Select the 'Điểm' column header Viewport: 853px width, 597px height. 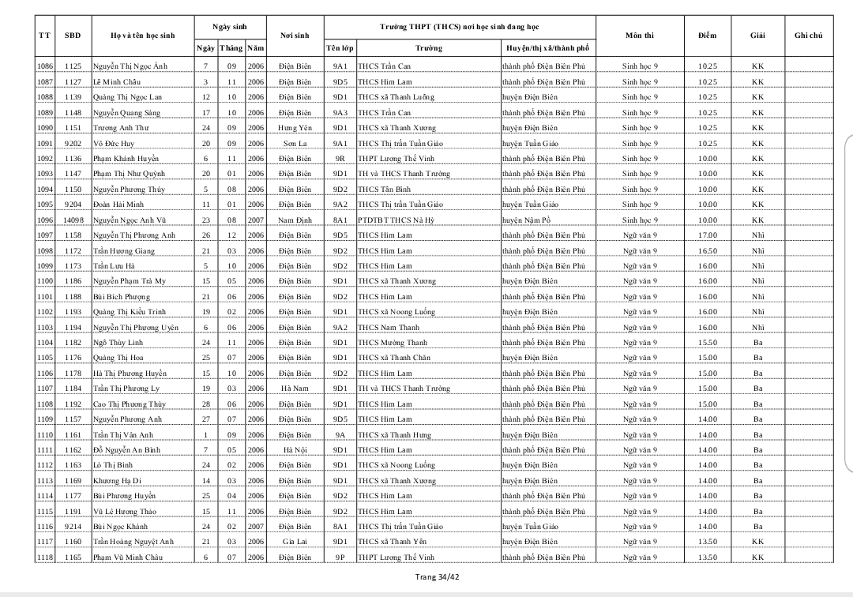[707, 36]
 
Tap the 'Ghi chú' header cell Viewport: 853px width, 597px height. [809, 36]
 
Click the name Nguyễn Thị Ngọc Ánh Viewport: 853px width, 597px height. [130, 66]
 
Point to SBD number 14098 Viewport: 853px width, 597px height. [73, 220]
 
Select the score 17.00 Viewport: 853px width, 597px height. [707, 235]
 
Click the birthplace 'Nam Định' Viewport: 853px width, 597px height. [295, 220]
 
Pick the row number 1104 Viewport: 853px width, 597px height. [45, 343]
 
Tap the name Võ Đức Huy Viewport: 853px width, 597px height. [114, 144]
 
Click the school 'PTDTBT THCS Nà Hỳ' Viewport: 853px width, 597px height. [396, 220]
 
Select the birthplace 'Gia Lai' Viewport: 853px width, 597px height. [295, 542]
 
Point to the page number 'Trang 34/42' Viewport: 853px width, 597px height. [437, 576]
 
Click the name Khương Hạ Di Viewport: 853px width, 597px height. [118, 481]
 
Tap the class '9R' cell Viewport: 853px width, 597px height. [340, 159]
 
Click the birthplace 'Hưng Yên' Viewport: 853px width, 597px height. [295, 128]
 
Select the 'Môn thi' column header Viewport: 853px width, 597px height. [639, 36]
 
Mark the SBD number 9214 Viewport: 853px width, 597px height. [73, 527]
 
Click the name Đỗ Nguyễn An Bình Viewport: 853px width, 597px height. [126, 450]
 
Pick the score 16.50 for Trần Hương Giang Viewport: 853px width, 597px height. [707, 251]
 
